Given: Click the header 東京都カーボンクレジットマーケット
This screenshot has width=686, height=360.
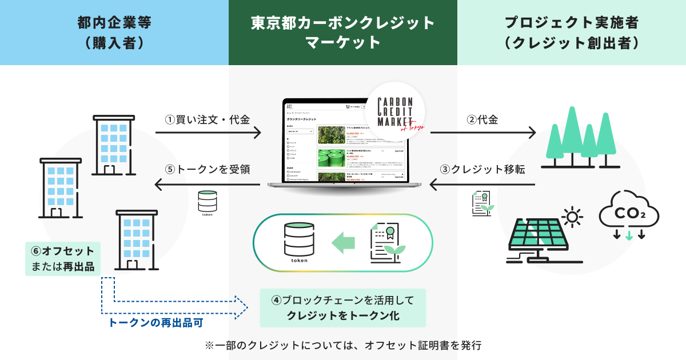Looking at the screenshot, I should [x=343, y=32].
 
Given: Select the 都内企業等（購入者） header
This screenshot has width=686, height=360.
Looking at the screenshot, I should [x=114, y=32].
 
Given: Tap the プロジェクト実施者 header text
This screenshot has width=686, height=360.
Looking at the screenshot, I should [x=572, y=32].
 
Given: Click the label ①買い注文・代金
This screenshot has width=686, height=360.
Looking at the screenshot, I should [x=208, y=120].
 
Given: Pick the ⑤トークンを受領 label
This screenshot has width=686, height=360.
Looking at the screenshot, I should [x=208, y=170].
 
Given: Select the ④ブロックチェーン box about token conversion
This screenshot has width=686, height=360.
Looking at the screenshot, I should [x=342, y=308].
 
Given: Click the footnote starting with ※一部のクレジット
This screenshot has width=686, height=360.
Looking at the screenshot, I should [x=343, y=345].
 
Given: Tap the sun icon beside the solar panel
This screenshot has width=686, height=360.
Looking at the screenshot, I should [x=572, y=217].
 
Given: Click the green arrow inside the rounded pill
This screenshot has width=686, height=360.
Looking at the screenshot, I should [x=343, y=242].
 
